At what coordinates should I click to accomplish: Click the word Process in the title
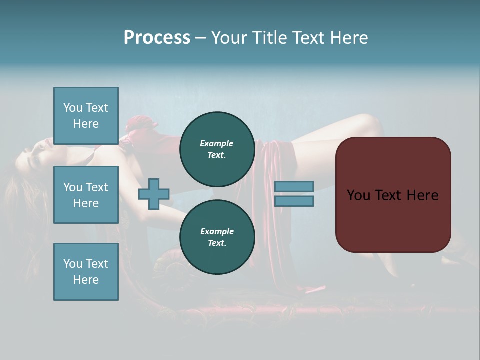(x=157, y=38)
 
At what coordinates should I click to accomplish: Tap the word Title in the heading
(x=269, y=38)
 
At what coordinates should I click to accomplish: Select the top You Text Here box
(x=86, y=116)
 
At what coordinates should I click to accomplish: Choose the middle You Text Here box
(x=86, y=195)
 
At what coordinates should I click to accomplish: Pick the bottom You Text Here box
(x=86, y=271)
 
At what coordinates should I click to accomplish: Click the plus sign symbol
(x=154, y=194)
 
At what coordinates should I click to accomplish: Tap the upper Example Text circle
(x=217, y=149)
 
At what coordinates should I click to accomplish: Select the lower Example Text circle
(x=217, y=237)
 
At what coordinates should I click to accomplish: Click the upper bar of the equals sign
(x=294, y=186)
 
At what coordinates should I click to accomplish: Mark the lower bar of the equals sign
(x=294, y=201)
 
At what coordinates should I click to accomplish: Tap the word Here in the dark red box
(x=423, y=195)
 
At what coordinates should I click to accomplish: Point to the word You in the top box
(x=72, y=108)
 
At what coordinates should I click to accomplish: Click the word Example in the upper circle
(x=217, y=143)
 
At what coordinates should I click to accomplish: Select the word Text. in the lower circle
(x=217, y=243)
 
